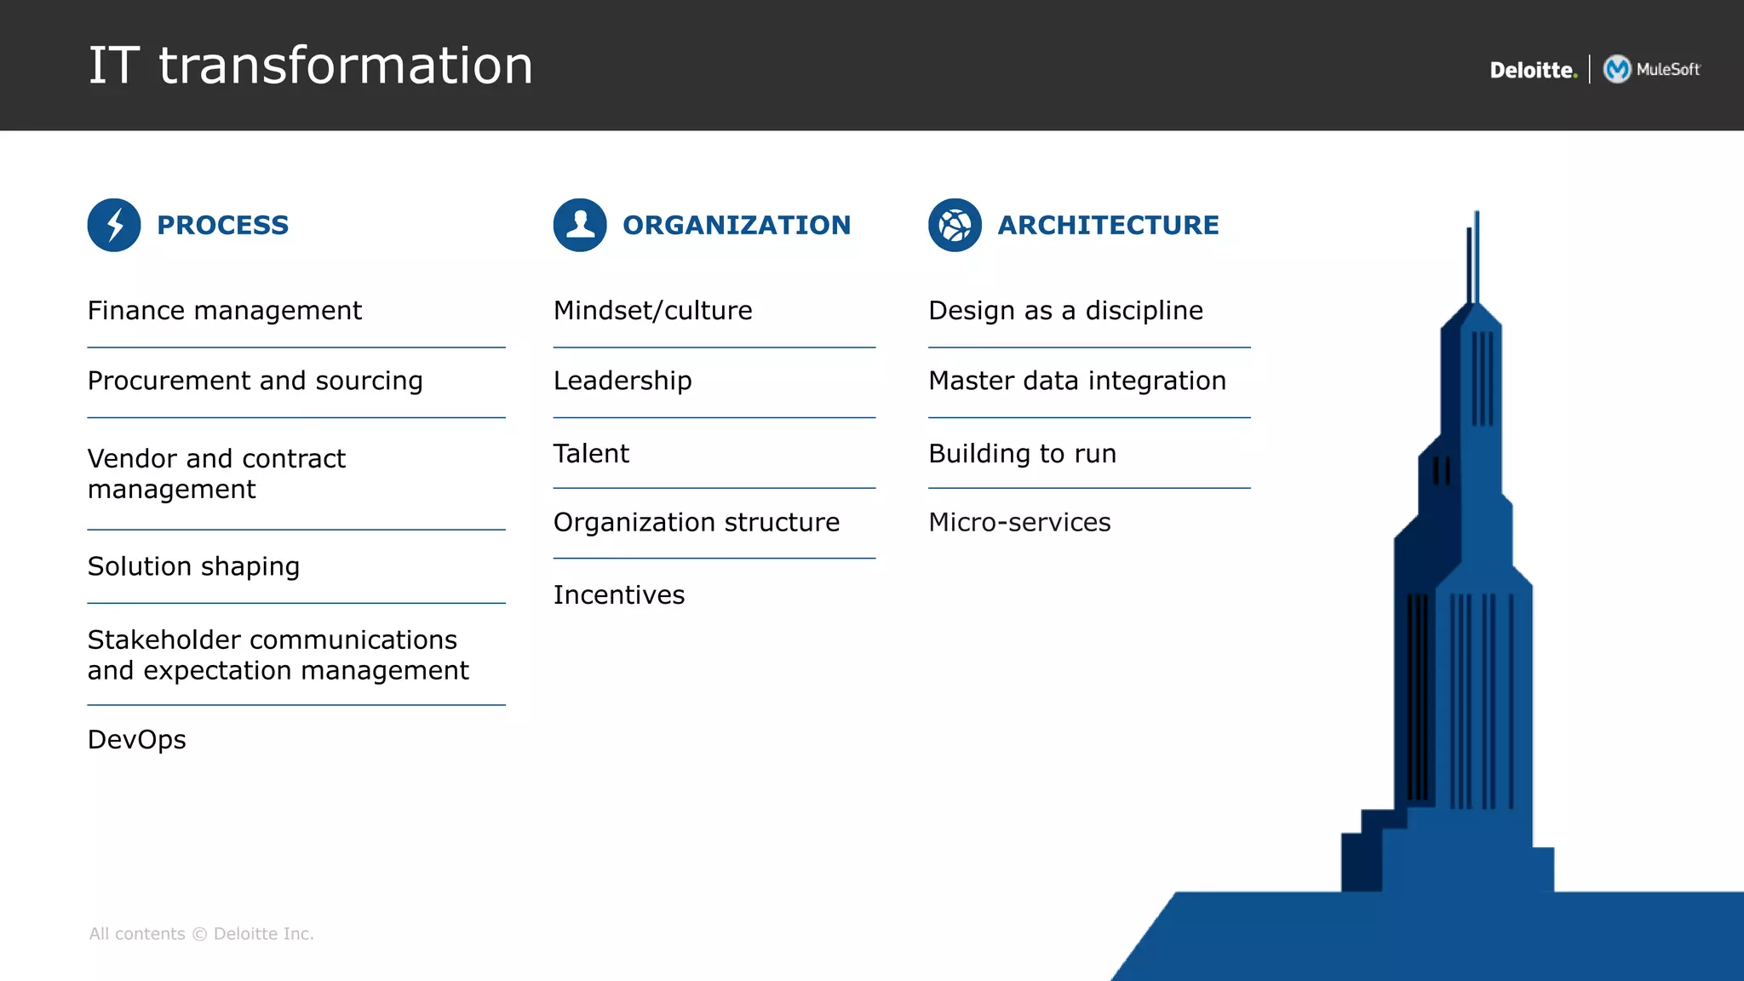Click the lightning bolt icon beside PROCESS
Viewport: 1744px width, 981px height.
(x=114, y=225)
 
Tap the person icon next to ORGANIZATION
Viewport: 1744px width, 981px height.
(x=580, y=225)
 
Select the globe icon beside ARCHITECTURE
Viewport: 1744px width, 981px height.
(x=955, y=225)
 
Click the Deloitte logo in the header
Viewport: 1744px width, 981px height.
(x=1533, y=70)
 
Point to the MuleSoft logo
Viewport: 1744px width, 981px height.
(x=1652, y=69)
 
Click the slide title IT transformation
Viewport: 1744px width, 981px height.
(x=311, y=66)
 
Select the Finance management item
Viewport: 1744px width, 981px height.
(x=225, y=311)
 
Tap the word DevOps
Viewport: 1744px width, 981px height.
(x=137, y=739)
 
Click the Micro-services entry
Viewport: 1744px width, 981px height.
(x=1019, y=522)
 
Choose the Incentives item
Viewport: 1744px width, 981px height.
(x=619, y=594)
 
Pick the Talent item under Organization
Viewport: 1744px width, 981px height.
(x=591, y=453)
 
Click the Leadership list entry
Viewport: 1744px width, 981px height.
(x=622, y=381)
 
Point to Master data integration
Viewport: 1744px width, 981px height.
(x=1077, y=381)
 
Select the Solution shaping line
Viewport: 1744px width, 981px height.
(x=194, y=566)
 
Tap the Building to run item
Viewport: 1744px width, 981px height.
(x=1022, y=453)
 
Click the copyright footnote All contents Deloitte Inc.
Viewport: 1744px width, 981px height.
(x=202, y=934)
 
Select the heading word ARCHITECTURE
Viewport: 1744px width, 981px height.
(x=1108, y=225)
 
